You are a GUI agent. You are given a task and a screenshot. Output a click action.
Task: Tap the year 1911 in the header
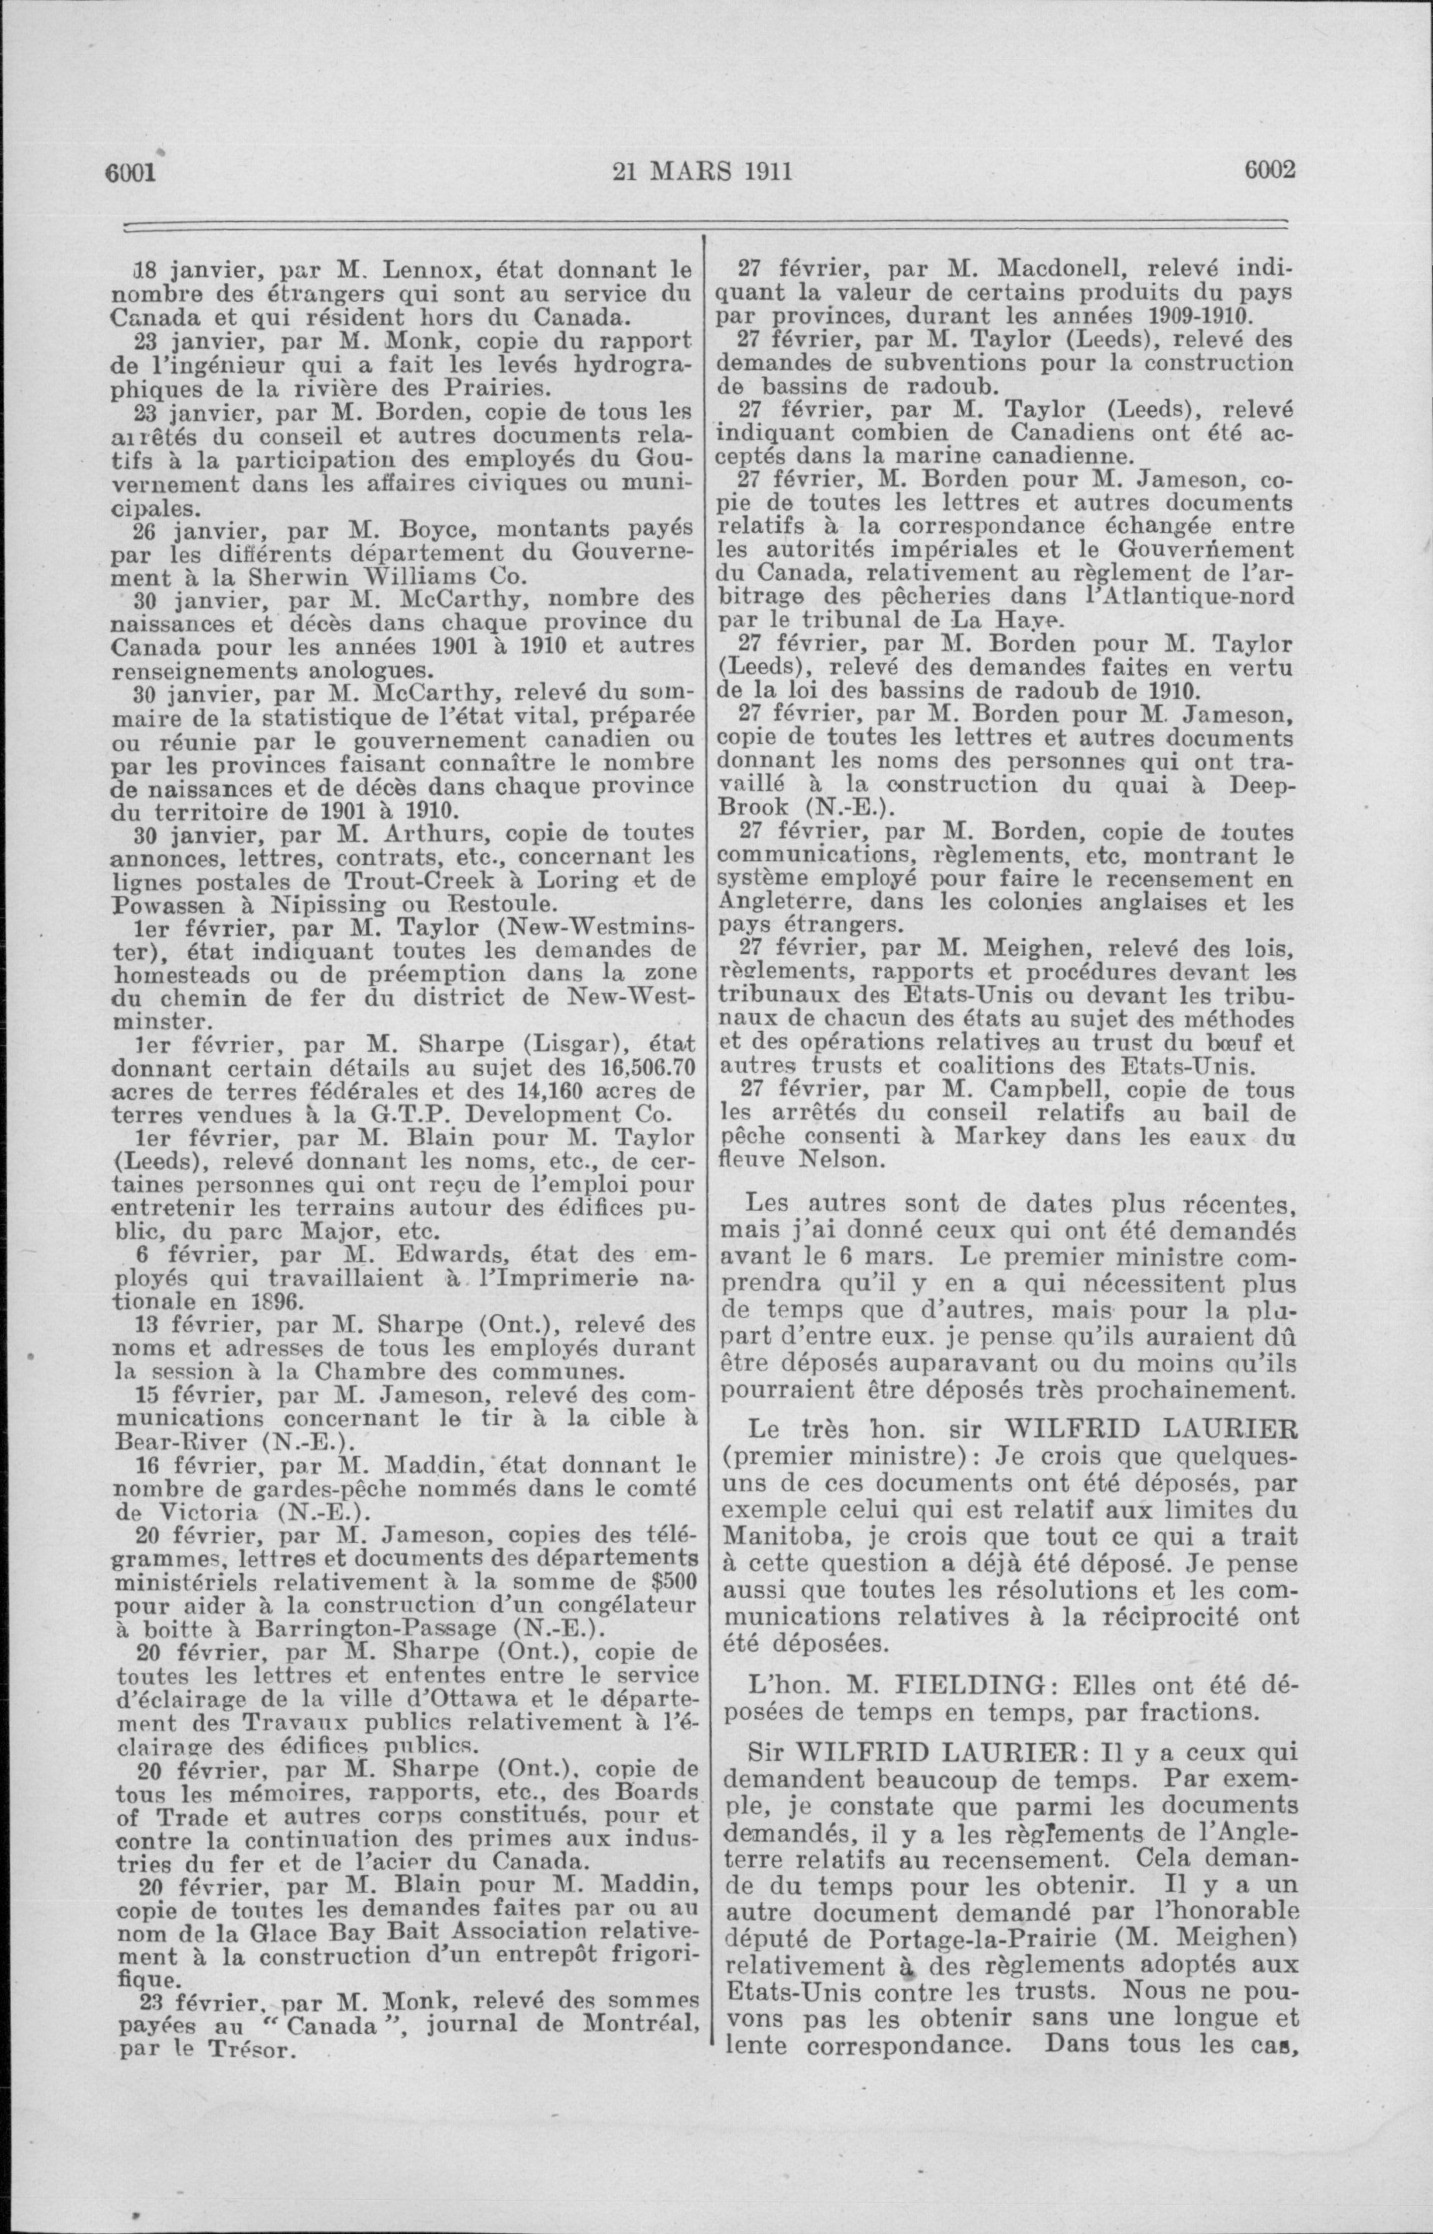pos(759,171)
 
